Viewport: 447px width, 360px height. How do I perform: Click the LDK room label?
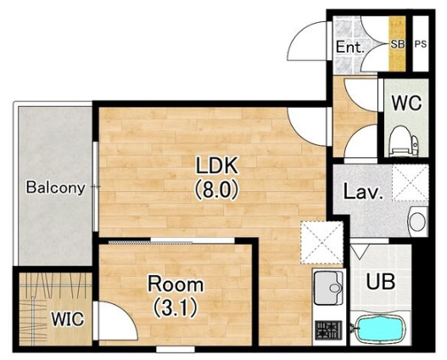pos(216,166)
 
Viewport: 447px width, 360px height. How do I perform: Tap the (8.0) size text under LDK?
pos(216,190)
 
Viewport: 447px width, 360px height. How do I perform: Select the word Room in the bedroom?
pos(176,284)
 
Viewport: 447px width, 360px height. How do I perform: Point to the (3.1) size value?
pos(176,308)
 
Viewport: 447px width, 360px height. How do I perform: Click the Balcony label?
pos(56,188)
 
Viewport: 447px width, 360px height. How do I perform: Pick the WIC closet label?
pos(68,318)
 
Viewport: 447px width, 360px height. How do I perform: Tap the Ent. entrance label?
pos(350,47)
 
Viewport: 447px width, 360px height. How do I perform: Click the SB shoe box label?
pos(398,44)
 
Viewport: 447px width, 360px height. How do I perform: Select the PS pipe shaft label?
pos(421,44)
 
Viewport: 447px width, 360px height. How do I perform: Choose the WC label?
pos(406,103)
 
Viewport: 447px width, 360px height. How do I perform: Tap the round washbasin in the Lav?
pos(417,221)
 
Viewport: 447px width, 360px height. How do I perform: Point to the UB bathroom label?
pos(381,281)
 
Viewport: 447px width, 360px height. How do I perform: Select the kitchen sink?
pos(328,288)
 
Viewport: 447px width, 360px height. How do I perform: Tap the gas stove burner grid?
pos(328,330)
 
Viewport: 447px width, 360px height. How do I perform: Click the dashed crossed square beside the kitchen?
pos(321,243)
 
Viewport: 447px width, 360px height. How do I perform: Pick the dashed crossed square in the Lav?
pos(411,183)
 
